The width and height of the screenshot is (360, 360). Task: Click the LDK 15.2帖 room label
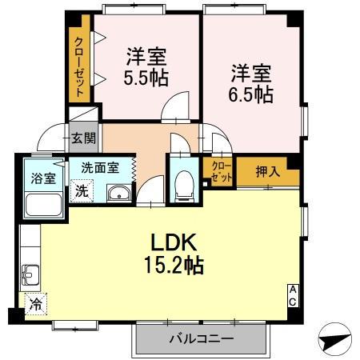pos(174,254)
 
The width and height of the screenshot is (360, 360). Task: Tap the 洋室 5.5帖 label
pos(146,66)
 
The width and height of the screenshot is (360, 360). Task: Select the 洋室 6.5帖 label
pos(251,83)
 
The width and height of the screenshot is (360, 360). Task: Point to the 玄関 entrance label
pos(83,138)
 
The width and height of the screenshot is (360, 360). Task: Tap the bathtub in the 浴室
pos(44,205)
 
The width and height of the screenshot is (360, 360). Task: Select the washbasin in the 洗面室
pos(119,193)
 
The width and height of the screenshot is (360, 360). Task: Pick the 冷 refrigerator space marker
pos(36,304)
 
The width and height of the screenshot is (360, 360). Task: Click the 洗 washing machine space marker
pos(82,190)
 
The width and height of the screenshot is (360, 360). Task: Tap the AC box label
pos(293,295)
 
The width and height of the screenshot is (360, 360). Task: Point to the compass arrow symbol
pos(335,339)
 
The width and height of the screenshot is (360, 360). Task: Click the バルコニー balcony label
pos(202,338)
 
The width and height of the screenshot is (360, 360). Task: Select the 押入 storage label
pos(268,171)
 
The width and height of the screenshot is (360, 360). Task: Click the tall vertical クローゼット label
pos(79,67)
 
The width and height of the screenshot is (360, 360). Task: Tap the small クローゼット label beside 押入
pos(221,172)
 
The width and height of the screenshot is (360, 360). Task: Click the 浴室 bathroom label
pos(43,178)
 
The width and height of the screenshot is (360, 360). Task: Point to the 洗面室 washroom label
pos(100,167)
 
